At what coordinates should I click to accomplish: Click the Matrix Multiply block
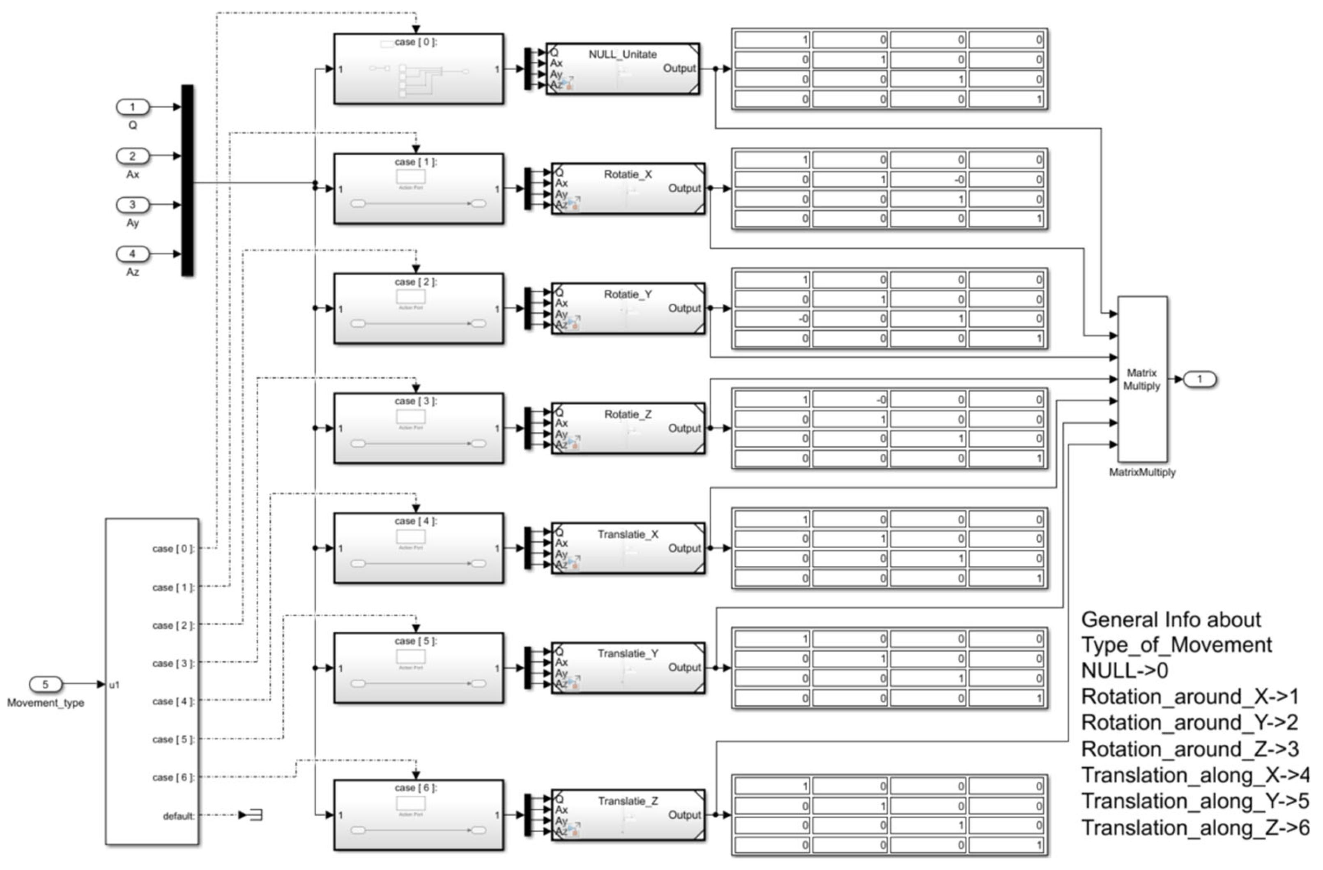click(x=1142, y=379)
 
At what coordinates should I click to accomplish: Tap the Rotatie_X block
click(x=628, y=189)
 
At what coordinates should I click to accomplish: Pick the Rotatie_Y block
click(x=628, y=309)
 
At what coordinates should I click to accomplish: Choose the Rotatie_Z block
click(x=628, y=428)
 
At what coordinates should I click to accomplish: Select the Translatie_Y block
click(x=628, y=667)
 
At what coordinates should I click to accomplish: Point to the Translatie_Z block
click(x=628, y=815)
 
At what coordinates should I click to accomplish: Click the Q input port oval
click(x=132, y=107)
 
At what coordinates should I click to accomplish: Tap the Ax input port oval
click(x=132, y=156)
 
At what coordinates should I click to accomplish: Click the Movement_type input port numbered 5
click(x=46, y=684)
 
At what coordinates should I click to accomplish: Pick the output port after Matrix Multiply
click(x=1200, y=379)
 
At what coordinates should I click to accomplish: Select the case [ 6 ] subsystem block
click(x=419, y=815)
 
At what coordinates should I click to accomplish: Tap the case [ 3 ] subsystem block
click(x=419, y=428)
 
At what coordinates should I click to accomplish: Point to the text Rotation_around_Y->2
click(x=1190, y=722)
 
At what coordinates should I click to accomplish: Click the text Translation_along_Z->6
click(x=1195, y=828)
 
